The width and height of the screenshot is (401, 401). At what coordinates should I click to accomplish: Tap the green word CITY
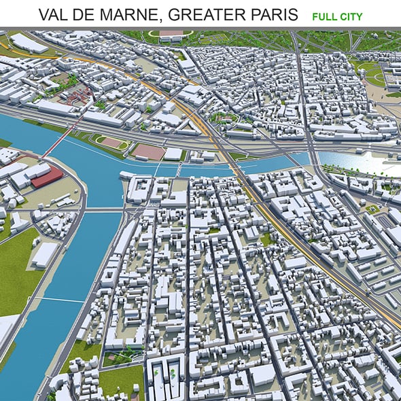[351, 16]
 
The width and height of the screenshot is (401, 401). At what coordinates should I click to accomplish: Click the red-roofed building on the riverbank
[46, 177]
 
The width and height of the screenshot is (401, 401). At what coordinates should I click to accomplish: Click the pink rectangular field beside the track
[148, 152]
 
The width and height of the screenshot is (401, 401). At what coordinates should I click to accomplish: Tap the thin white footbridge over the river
[61, 300]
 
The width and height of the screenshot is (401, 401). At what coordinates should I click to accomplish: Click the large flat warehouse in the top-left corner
[29, 43]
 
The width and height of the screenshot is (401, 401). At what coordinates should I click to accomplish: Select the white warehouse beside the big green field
[43, 254]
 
